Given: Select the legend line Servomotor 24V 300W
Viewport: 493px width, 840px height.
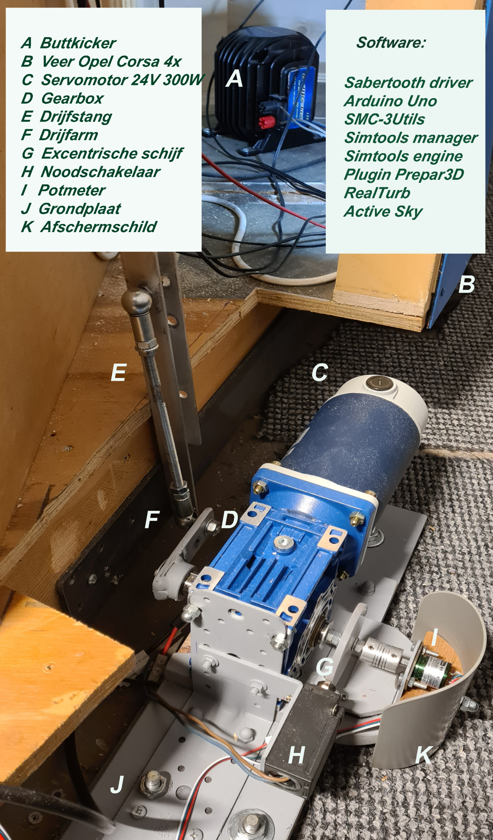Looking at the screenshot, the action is coord(122,80).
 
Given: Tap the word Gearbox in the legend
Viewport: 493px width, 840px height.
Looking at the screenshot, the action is coord(72,98).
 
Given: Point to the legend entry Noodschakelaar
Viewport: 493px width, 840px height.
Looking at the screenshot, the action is coord(100,172).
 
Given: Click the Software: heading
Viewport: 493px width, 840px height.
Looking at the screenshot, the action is coord(391,43).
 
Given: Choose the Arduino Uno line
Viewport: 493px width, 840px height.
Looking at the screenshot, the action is coord(390,101).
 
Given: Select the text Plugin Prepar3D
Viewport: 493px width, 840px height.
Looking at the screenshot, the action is coord(404,175).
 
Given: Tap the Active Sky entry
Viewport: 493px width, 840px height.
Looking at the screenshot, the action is coord(383,212).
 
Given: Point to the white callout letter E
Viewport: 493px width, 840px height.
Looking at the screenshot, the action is coord(118,372).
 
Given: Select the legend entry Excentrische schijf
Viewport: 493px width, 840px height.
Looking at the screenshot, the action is coord(112,154).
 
